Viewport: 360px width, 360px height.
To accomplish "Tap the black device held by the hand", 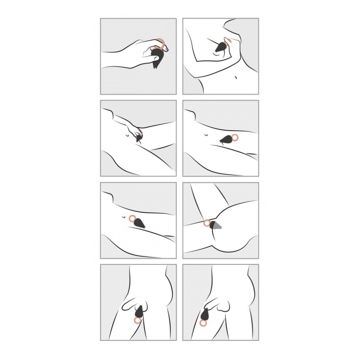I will pos(157,57).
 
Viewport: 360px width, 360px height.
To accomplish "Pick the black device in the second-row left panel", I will pos(138,138).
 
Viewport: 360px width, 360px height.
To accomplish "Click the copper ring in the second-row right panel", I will pos(236,137).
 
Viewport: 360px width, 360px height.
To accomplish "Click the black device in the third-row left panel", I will pos(140,224).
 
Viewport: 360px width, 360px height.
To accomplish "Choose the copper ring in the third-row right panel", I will pos(207,223).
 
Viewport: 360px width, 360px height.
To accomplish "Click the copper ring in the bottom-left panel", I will pos(137,320).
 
